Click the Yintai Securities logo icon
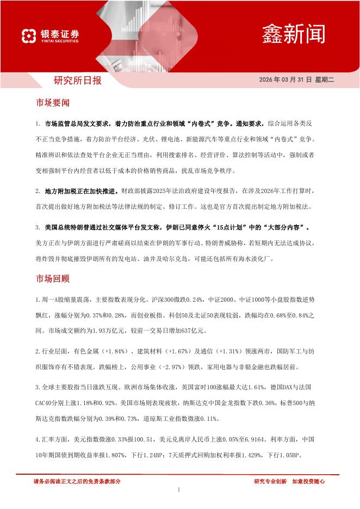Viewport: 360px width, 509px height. tap(29, 36)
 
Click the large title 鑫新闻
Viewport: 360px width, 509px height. tap(294, 33)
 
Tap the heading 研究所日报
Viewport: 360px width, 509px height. tap(77, 80)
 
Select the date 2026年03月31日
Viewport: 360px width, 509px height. tap(285, 79)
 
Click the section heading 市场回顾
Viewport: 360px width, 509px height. tap(52, 279)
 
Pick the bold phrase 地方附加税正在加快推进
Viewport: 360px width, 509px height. tap(78, 191)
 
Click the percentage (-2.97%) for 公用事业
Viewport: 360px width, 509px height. tap(188, 367)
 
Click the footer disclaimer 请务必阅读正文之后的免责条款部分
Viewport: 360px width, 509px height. tap(77, 481)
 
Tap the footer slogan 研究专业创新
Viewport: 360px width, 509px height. tap(270, 481)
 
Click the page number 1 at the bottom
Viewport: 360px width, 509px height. tap(179, 490)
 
